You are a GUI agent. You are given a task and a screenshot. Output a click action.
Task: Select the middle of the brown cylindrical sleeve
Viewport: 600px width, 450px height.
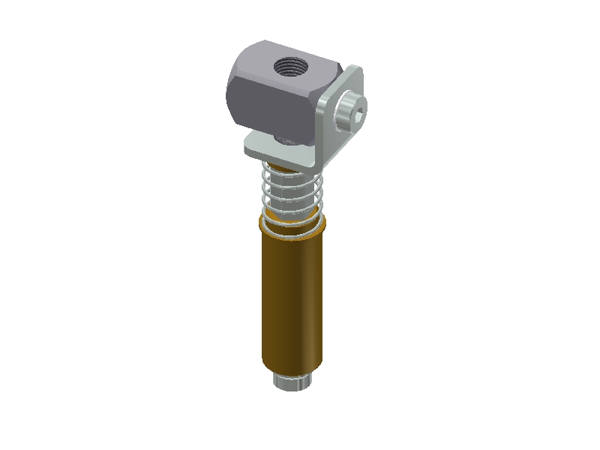coord(292,300)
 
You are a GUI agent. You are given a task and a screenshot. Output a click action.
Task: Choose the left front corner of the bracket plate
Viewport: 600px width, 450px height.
coord(249,149)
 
